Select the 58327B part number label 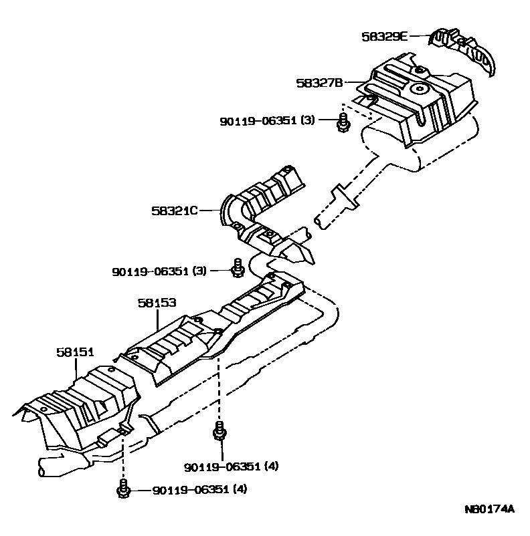coord(319,83)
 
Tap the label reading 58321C coord(174,211)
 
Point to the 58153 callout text coord(157,303)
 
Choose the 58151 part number coord(74,352)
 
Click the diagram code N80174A coord(489,509)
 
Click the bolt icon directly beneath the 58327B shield coord(343,123)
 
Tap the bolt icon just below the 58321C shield coord(236,268)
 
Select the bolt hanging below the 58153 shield coord(219,433)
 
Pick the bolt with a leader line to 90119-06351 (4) coord(123,490)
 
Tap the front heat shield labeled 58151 coord(80,408)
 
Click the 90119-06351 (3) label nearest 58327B coord(267,121)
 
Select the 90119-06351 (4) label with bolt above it coord(231,466)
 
